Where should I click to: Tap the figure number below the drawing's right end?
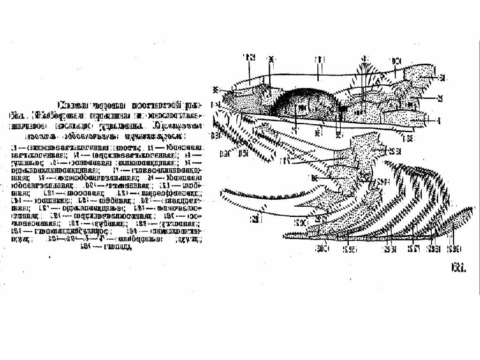458,268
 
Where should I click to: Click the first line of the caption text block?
129,105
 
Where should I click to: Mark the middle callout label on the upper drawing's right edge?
440,98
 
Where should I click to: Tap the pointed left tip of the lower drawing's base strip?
285,236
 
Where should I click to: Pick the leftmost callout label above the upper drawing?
248,58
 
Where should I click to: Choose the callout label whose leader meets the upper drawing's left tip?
216,89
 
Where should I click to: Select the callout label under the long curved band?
255,218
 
